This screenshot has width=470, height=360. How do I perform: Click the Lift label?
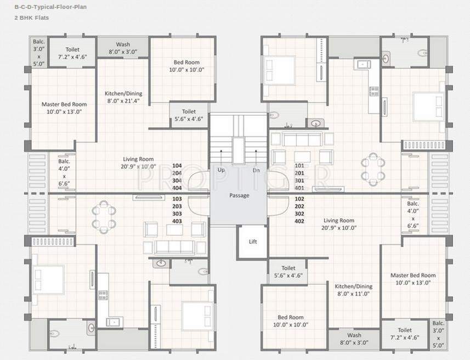(253, 241)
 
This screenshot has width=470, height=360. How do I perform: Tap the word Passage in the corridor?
(239, 195)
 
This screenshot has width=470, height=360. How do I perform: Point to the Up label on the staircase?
(222, 170)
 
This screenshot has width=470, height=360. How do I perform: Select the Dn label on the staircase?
(256, 170)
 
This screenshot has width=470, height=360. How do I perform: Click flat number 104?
(177, 165)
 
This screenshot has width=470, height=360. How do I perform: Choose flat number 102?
(300, 199)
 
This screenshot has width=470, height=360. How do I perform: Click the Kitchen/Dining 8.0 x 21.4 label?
(123, 97)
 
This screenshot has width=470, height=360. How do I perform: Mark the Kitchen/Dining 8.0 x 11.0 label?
(354, 290)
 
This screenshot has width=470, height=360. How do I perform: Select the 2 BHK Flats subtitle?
(32, 18)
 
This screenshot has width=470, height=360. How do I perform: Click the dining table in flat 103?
(104, 217)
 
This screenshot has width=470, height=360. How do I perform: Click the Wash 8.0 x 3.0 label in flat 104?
(123, 48)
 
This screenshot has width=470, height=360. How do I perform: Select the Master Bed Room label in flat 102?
(413, 279)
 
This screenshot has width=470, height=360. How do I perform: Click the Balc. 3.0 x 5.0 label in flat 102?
(438, 335)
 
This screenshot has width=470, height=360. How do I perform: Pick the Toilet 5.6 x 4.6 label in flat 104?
(189, 115)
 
